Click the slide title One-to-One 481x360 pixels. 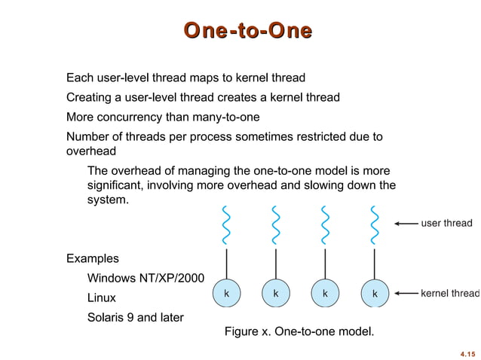pyautogui.click(x=248, y=31)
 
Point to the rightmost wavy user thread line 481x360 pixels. pyautogui.click(x=374, y=225)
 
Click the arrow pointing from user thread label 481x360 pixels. pyautogui.click(x=406, y=224)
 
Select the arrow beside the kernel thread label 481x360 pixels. pyautogui.click(x=406, y=293)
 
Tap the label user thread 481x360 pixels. pyautogui.click(x=446, y=223)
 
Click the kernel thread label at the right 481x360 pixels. pyautogui.click(x=449, y=293)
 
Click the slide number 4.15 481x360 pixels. pyautogui.click(x=467, y=352)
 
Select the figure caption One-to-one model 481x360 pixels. pyautogui.click(x=299, y=331)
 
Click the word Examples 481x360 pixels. pyautogui.click(x=93, y=258)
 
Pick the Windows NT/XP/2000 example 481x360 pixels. pyautogui.click(x=146, y=279)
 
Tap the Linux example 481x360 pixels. pyautogui.click(x=102, y=298)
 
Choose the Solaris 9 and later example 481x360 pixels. pyautogui.click(x=136, y=317)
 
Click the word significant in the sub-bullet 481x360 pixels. pyautogui.click(x=113, y=185)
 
